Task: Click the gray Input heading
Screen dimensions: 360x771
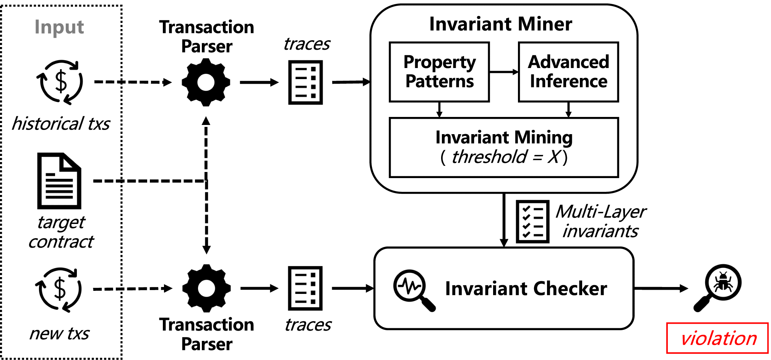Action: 59,27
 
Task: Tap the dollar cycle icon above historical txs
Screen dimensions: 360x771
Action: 60,82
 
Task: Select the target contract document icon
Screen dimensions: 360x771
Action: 59,181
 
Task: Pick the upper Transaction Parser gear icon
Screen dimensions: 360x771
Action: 206,82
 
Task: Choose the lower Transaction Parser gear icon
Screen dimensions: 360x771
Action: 206,288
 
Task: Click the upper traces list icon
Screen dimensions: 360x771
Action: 305,82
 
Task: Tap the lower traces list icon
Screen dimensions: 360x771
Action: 305,288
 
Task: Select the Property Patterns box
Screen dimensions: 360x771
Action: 439,72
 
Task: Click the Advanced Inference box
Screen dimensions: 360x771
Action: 568,72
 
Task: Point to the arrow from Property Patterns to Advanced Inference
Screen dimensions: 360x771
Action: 504,72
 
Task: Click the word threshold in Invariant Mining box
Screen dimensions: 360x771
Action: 489,157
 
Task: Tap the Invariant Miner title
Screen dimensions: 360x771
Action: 500,24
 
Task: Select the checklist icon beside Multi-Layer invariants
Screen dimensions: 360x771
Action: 532,222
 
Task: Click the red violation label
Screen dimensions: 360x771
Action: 717,338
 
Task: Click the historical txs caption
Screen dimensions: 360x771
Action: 61,124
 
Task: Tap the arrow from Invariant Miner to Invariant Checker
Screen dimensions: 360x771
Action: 504,220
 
